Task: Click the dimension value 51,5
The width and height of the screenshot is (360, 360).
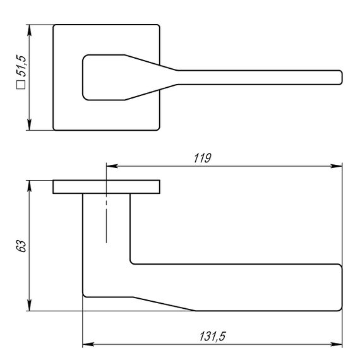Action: tap(21, 66)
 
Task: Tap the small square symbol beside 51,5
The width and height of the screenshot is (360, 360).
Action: tap(21, 85)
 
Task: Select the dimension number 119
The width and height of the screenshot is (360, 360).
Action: tap(202, 158)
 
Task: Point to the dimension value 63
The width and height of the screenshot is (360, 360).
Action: tap(21, 246)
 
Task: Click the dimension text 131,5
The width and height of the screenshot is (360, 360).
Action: tap(212, 337)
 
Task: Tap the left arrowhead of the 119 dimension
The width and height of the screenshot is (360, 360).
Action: tap(112, 165)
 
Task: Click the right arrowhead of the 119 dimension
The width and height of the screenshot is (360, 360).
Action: tap(337, 165)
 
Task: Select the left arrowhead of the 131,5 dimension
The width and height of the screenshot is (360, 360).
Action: tap(88, 344)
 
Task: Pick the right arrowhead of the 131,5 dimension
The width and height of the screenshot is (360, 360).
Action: tap(337, 344)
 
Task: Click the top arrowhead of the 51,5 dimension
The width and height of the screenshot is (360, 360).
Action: tap(29, 30)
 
